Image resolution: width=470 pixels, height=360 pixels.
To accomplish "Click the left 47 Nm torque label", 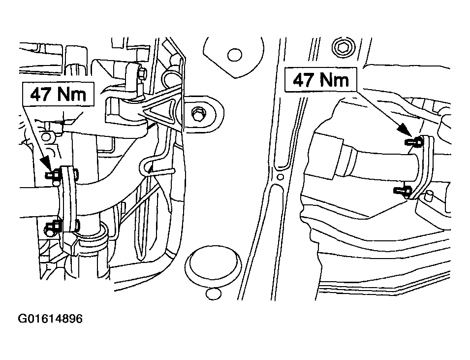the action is click(x=59, y=95).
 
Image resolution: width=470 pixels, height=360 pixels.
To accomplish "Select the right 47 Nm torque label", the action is click(x=321, y=79).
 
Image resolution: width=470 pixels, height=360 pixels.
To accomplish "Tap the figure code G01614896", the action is click(x=50, y=319).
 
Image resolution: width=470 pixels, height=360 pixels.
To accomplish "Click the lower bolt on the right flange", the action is click(x=402, y=191).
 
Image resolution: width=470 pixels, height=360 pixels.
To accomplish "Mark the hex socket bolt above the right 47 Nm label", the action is click(x=343, y=47).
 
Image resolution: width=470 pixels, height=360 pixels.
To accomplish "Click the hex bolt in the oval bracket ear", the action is click(x=198, y=113).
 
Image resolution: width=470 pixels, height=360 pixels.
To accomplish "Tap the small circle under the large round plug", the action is click(x=214, y=294).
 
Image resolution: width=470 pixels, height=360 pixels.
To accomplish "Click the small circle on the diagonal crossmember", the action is click(x=280, y=176).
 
